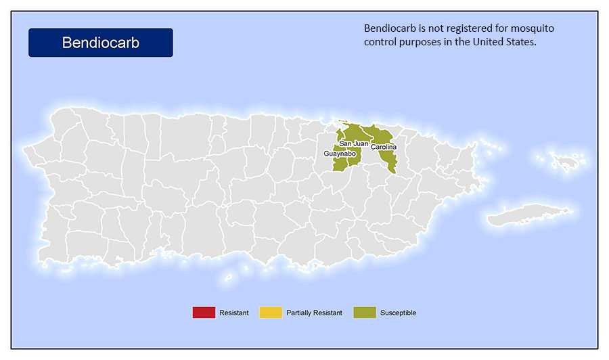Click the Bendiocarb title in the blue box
click(x=100, y=43)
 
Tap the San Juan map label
click(x=353, y=143)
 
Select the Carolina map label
click(x=383, y=147)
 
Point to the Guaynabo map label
click(x=340, y=154)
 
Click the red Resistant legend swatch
click(x=203, y=313)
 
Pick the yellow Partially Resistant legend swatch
click(x=270, y=313)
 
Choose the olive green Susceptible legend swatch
click(x=364, y=313)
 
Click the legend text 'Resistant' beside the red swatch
click(x=233, y=313)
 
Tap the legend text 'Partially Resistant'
click(x=314, y=313)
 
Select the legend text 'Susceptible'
click(x=398, y=313)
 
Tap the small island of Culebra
click(x=566, y=160)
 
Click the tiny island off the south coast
click(x=229, y=277)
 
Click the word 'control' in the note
click(x=381, y=42)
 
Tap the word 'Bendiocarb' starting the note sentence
click(x=390, y=28)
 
